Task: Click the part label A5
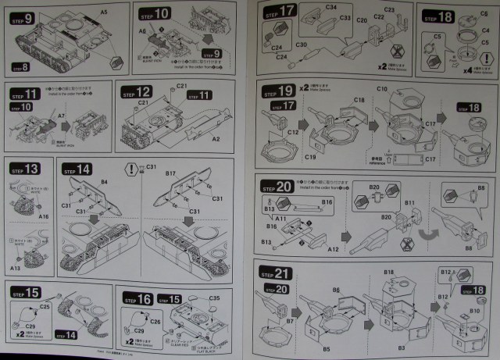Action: pyautogui.click(x=103, y=13)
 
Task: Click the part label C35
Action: pyautogui.click(x=214, y=297)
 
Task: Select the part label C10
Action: pyautogui.click(x=382, y=90)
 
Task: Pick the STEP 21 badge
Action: pyautogui.click(x=272, y=273)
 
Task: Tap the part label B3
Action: pyautogui.click(x=402, y=344)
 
